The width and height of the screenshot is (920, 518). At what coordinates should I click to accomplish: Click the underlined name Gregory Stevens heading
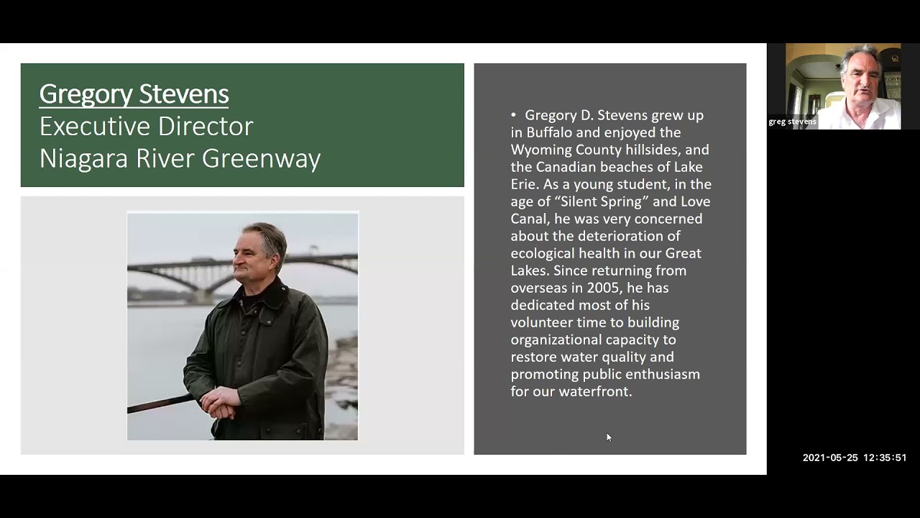click(134, 94)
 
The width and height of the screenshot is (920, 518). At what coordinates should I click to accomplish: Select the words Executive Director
click(146, 127)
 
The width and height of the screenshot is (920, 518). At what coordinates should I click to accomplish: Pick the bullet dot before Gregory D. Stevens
click(514, 115)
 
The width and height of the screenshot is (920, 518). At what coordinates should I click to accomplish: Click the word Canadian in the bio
click(569, 167)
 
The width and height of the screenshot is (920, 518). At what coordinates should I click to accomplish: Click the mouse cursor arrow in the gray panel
click(608, 436)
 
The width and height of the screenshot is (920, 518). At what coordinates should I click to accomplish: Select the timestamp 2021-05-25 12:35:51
click(854, 458)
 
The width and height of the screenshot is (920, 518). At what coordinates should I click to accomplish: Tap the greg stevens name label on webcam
click(792, 122)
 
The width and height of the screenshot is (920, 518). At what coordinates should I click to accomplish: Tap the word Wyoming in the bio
click(540, 150)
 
